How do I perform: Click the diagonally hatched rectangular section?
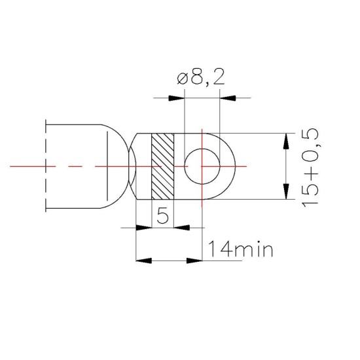tap(163, 166)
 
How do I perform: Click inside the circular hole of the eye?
tap(203, 166)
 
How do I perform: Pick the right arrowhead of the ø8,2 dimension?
tap(227, 99)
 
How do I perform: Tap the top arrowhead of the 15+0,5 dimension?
tap(285, 141)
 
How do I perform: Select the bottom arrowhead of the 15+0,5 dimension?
tap(285, 192)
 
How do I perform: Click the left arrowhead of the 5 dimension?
tap(143, 228)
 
